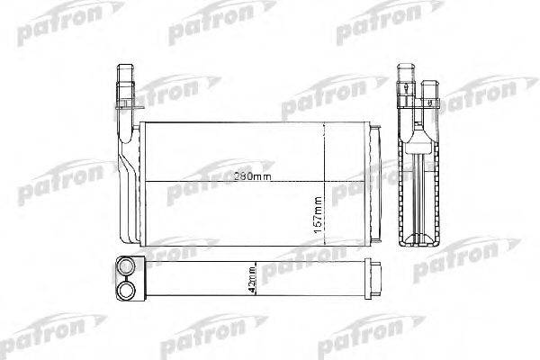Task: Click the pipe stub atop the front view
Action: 124,73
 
